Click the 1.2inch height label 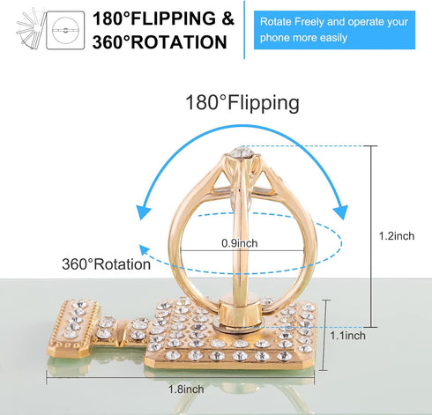click(x=397, y=236)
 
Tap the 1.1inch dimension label click(x=347, y=336)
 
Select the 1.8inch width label click(x=186, y=389)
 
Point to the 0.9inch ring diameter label click(x=240, y=243)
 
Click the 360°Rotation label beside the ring click(x=106, y=264)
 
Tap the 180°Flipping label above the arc click(x=242, y=103)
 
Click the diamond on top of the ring click(x=242, y=152)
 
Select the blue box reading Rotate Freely click(x=334, y=30)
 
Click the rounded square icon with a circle click(x=65, y=30)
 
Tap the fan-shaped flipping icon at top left click(x=30, y=29)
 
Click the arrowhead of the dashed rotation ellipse click(x=144, y=250)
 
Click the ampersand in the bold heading click(x=227, y=19)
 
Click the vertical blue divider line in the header click(x=244, y=30)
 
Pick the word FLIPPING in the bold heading click(x=173, y=19)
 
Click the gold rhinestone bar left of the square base click(x=73, y=329)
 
